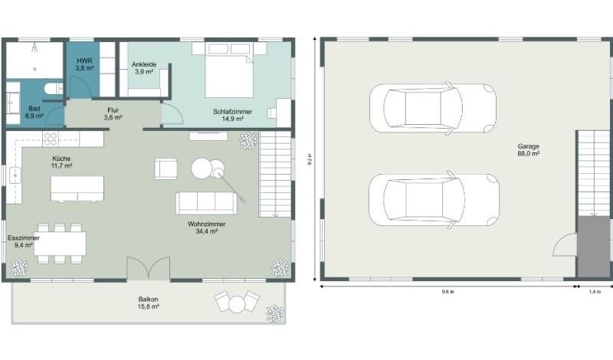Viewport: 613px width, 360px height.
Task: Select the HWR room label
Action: [x=84, y=64]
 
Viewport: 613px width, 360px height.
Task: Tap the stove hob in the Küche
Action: [x=51, y=139]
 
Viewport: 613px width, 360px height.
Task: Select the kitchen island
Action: [x=77, y=188]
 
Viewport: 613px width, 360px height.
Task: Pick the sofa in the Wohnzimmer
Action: [x=205, y=202]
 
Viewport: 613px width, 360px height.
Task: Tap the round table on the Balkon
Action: [x=235, y=304]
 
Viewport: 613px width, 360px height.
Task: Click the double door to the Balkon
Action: [x=148, y=270]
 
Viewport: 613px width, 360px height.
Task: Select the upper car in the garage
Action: [x=431, y=109]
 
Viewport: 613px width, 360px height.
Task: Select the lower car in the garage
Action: [x=433, y=201]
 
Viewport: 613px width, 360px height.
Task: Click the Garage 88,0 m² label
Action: [x=529, y=149]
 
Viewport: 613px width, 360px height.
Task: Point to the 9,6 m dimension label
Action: [x=448, y=292]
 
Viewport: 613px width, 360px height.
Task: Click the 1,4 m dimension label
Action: [x=595, y=292]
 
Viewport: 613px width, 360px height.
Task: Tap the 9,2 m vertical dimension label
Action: [x=310, y=160]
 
